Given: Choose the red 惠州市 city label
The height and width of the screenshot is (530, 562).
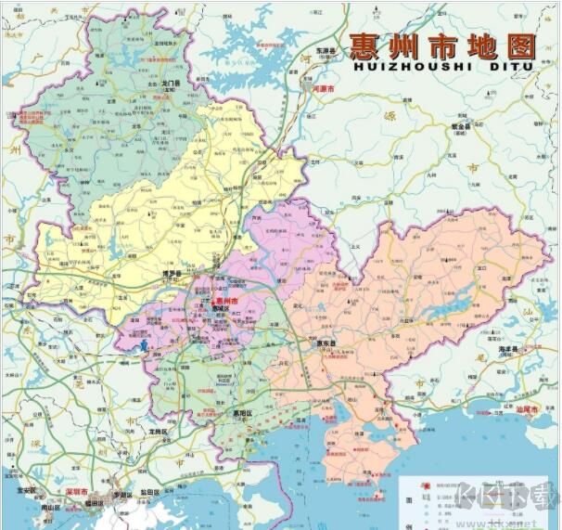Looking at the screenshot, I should [225, 302].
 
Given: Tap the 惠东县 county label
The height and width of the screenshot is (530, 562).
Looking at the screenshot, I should [322, 343].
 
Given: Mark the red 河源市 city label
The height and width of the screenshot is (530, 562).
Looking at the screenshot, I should [324, 89].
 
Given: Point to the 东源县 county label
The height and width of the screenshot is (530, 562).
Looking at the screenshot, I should [323, 51].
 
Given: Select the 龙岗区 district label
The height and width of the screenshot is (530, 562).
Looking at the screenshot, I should [158, 432].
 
